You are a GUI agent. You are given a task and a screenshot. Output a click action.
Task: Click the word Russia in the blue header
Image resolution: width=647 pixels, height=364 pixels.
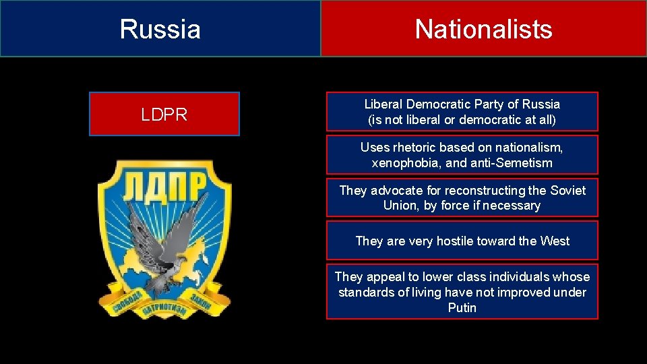coord(160,29)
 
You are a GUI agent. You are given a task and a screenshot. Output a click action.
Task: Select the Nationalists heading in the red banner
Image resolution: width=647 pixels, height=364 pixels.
coord(483,29)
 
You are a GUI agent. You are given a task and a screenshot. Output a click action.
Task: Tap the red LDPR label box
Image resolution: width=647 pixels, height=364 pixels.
coord(164,115)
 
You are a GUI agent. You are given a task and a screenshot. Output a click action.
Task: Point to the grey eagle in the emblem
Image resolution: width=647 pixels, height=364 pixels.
coord(162,240)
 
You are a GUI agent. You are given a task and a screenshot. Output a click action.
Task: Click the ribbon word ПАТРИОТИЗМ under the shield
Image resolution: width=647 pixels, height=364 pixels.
coord(164,312)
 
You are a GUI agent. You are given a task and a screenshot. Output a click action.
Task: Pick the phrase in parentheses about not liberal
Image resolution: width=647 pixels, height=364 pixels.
coord(462,120)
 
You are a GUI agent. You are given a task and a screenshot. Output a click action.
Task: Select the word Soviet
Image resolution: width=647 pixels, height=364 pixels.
coord(567,191)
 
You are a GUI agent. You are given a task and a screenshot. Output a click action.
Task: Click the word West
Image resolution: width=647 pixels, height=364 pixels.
coord(554,241)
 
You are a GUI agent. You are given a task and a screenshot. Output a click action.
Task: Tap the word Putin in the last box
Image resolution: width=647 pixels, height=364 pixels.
coord(462,308)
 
